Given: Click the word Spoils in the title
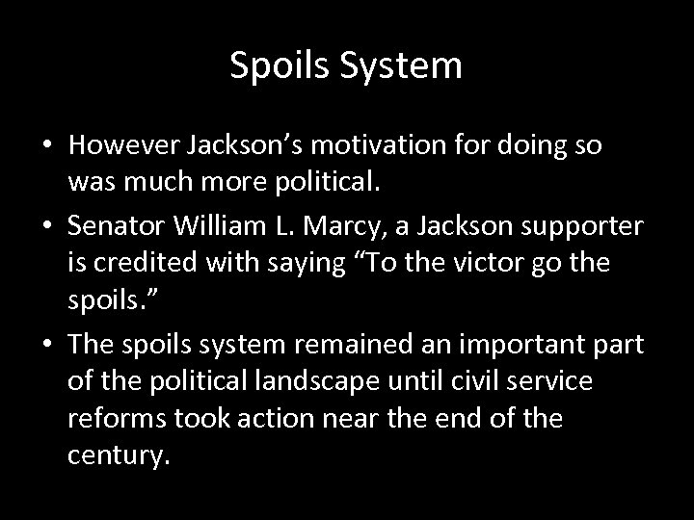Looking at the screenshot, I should point(276,66).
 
